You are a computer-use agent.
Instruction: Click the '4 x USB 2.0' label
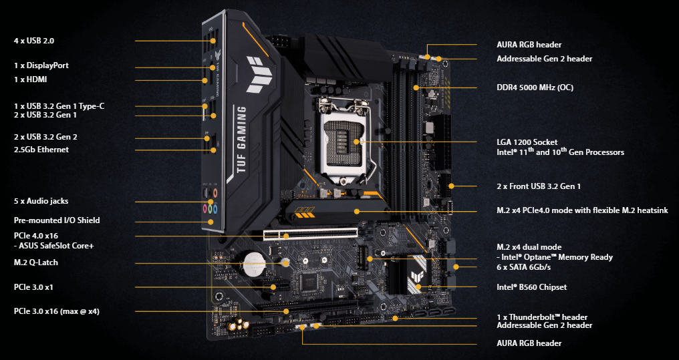pyautogui.click(x=34, y=41)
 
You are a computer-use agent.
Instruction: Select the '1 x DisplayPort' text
pyautogui.click(x=41, y=66)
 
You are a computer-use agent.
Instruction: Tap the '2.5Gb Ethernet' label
pyautogui.click(x=41, y=150)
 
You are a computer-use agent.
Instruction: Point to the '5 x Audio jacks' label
pyautogui.click(x=41, y=201)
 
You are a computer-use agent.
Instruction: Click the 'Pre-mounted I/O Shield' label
pyautogui.click(x=57, y=220)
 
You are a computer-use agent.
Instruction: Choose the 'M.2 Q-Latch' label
pyautogui.click(x=36, y=262)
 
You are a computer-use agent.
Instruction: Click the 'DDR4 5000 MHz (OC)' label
pyautogui.click(x=535, y=87)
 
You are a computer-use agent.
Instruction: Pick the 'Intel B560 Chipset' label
pyautogui.click(x=531, y=287)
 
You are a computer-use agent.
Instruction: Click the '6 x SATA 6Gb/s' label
pyautogui.click(x=529, y=267)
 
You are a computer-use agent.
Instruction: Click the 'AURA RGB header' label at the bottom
pyautogui.click(x=529, y=343)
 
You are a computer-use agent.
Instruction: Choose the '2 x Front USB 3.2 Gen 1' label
pyautogui.click(x=539, y=186)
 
